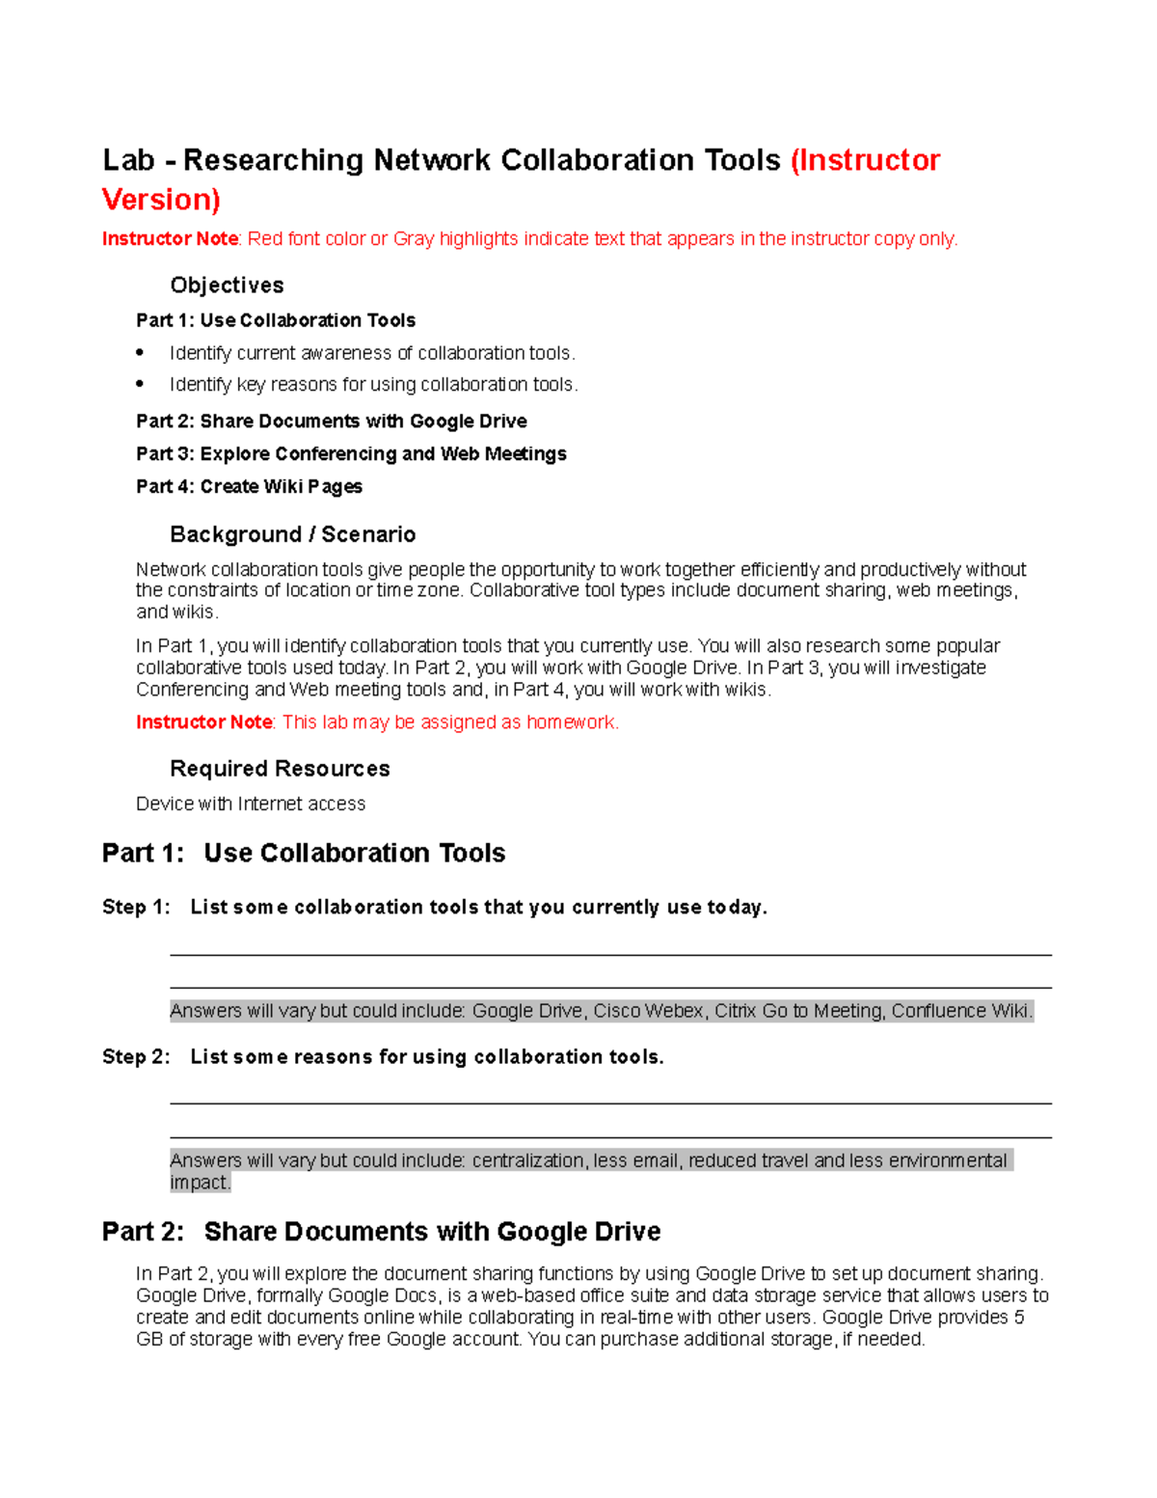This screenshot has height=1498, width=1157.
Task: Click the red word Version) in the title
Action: click(161, 200)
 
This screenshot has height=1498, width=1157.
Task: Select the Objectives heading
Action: click(227, 286)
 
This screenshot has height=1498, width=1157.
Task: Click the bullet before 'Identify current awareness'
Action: click(141, 352)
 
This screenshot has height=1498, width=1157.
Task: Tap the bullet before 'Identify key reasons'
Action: click(141, 384)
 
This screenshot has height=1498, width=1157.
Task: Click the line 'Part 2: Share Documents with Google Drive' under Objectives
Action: click(331, 422)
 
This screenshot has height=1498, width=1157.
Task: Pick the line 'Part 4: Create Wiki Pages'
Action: click(249, 487)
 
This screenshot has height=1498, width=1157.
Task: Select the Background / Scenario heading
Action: click(292, 534)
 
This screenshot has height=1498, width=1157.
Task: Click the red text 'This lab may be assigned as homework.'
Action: click(450, 722)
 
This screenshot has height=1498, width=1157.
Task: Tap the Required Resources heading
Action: click(280, 769)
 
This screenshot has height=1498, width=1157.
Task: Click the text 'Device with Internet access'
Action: click(251, 803)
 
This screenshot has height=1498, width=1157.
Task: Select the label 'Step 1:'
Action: click(136, 908)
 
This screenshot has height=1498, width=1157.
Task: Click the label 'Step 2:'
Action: click(136, 1057)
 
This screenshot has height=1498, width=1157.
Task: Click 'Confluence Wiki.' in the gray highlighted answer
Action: click(961, 1011)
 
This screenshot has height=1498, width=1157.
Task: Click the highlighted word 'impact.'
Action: click(201, 1183)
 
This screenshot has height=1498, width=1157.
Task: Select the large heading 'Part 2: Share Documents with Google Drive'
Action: click(381, 1232)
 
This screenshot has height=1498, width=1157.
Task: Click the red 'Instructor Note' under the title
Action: click(170, 239)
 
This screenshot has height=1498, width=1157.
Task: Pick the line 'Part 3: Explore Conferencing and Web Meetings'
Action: click(351, 454)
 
